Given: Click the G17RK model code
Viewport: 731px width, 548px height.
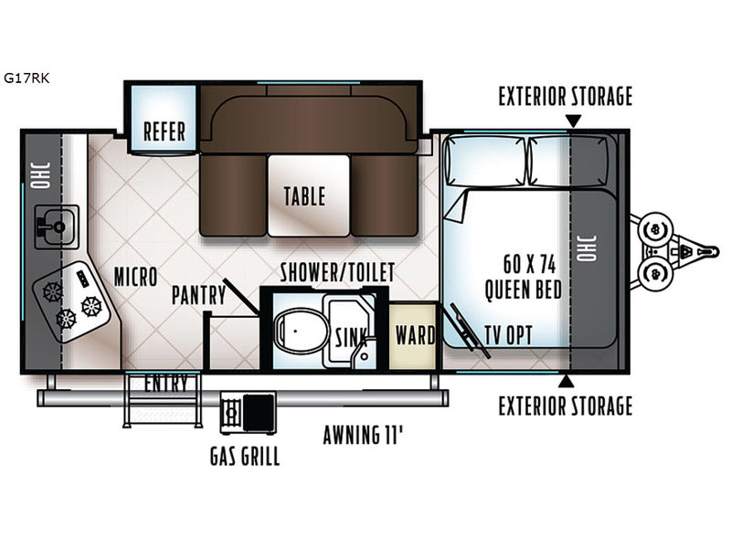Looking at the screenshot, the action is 26,78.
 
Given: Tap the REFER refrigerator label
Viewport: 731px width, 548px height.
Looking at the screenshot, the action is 164,132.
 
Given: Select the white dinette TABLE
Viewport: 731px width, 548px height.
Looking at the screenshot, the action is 308,195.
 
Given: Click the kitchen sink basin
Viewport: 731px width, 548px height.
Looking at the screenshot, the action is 57,227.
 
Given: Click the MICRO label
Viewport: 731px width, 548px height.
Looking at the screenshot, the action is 135,277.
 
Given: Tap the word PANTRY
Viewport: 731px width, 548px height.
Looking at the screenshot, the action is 198,295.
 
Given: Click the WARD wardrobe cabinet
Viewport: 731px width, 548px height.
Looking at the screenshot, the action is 413,336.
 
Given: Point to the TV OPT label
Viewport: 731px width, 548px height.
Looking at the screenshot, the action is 509,335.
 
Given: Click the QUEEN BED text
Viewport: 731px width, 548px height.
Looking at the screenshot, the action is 523,290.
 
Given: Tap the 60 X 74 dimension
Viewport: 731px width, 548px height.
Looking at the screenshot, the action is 530,264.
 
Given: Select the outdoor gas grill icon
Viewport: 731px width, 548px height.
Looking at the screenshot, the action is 248,413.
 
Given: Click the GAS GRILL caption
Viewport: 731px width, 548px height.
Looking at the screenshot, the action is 245,456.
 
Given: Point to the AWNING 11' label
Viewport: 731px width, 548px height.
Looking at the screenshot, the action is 363,435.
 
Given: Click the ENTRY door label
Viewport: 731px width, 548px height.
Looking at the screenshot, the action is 165,383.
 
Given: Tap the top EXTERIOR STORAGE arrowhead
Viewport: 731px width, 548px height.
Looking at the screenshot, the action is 573,121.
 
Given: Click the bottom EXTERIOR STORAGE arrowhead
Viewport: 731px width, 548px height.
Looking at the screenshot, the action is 566,381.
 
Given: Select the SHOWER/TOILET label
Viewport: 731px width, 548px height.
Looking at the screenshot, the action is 337,272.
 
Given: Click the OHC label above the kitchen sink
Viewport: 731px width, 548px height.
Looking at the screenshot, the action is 40,175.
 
